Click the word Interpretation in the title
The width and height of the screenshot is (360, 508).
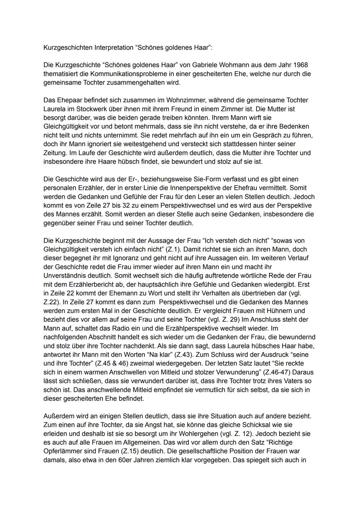pos(114,47)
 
